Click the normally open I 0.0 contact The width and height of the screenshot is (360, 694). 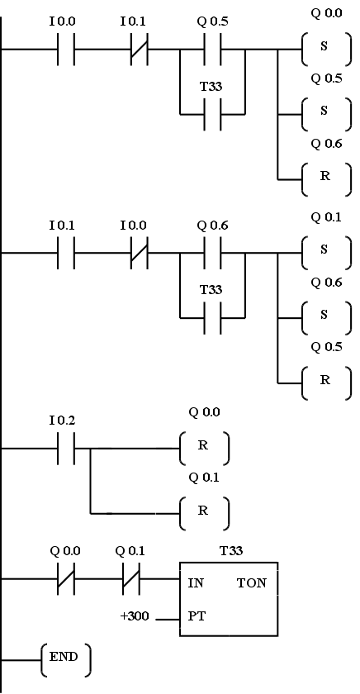[x=66, y=49]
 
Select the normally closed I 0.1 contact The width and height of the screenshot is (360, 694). [x=140, y=49]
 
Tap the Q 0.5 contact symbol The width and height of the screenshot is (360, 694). [x=213, y=49]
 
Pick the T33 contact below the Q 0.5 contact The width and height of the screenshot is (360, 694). [x=213, y=114]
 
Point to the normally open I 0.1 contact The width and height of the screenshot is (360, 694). [x=66, y=253]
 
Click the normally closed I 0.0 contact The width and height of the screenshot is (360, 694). [x=140, y=253]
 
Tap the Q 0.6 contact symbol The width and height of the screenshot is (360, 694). [x=213, y=253]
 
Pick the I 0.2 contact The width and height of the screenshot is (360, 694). [x=66, y=449]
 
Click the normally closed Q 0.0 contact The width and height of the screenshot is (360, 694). [x=66, y=578]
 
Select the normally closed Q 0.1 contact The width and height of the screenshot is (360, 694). [x=131, y=578]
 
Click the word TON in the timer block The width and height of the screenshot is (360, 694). [x=252, y=583]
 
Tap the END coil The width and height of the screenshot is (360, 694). [x=66, y=660]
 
